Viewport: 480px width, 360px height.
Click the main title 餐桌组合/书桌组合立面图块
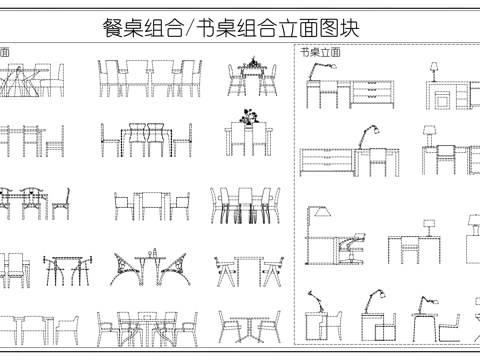[x=239, y=28]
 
